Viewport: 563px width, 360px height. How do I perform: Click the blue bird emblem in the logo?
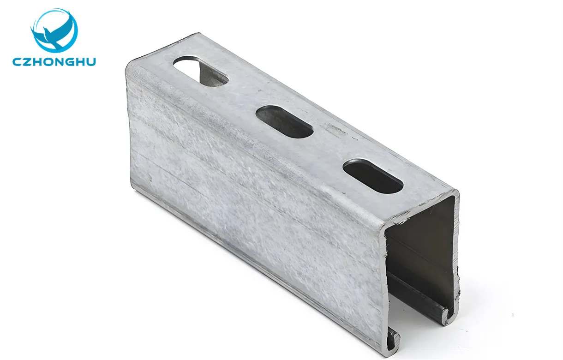pyautogui.click(x=54, y=30)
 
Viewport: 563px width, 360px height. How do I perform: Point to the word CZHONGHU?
pyautogui.click(x=54, y=62)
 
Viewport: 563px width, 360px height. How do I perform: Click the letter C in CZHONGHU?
pyautogui.click(x=18, y=62)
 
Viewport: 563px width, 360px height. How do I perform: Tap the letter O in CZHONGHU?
pyautogui.click(x=49, y=62)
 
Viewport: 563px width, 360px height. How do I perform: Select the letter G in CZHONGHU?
pyautogui.click(x=71, y=62)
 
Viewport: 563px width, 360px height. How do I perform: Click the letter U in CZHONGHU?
pyautogui.click(x=91, y=62)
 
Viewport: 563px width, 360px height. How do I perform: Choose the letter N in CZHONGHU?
pyautogui.click(x=60, y=62)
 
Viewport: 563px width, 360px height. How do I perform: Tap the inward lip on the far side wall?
pyautogui.click(x=445, y=316)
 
